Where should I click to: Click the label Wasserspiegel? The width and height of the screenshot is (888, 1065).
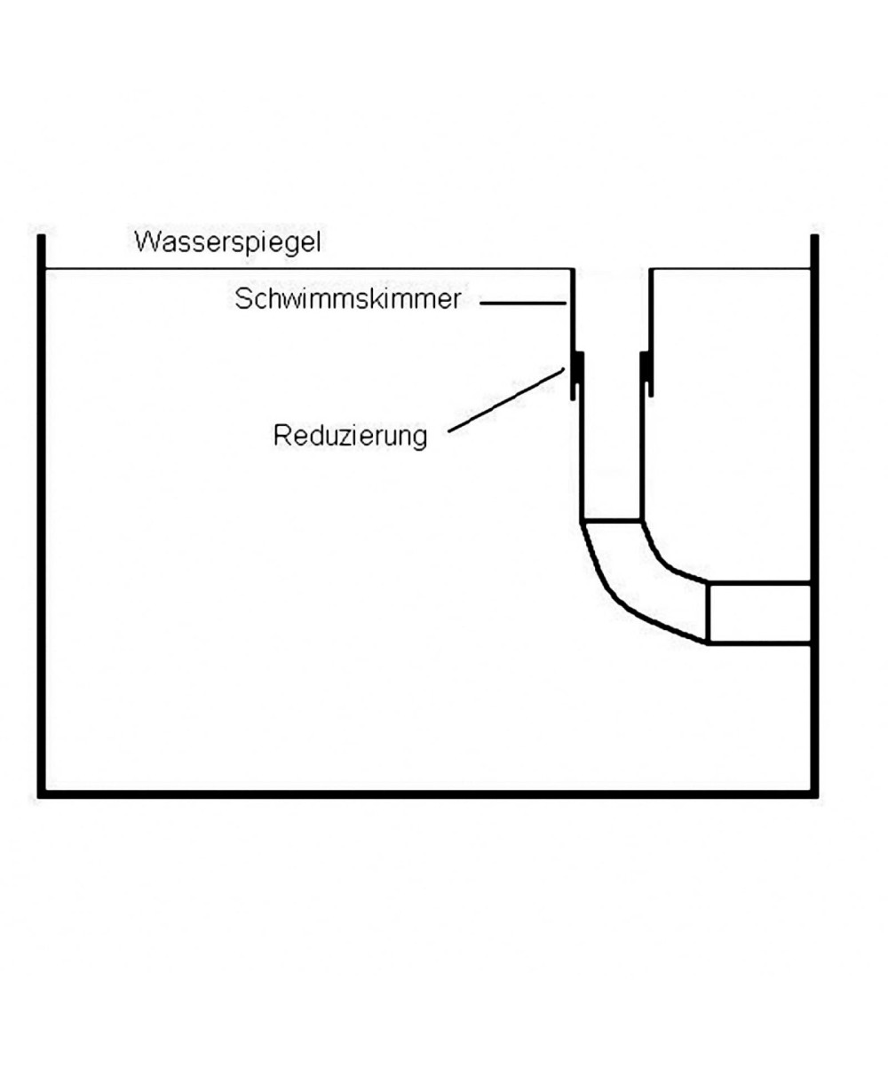pos(227,242)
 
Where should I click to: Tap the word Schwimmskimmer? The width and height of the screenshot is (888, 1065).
pos(348,300)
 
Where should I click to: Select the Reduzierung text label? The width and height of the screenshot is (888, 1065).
pos(351,437)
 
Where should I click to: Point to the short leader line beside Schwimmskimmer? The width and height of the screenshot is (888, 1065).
pos(524,304)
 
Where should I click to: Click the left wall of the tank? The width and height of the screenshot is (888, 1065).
pos(41,515)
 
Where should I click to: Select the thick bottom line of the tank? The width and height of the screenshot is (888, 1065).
pos(426,793)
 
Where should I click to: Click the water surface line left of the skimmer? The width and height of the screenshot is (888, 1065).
pos(302,268)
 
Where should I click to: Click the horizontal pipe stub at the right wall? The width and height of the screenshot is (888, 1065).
pos(759,612)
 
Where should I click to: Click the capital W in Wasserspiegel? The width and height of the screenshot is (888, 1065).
pos(145,242)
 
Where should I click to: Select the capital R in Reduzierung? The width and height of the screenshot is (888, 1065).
pos(281,437)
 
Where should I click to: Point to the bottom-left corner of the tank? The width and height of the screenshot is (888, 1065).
pos(41,793)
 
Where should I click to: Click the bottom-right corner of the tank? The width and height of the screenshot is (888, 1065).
pos(814,793)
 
